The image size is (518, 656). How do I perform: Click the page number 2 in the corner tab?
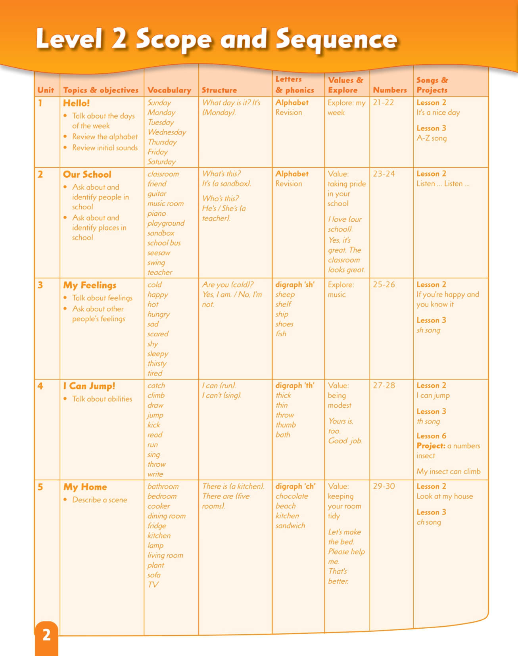click(x=46, y=635)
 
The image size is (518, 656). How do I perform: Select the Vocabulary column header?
click(x=169, y=90)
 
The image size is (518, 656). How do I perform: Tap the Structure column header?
click(x=219, y=90)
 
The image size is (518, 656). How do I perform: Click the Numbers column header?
click(x=389, y=90)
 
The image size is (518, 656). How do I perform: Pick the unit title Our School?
click(x=87, y=175)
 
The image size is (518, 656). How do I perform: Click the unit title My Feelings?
click(x=90, y=285)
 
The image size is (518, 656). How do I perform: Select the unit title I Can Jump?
click(x=89, y=386)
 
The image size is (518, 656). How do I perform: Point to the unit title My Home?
click(x=85, y=487)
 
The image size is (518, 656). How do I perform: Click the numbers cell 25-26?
click(x=384, y=284)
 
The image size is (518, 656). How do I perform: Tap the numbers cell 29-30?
click(x=384, y=486)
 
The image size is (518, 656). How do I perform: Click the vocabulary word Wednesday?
click(x=167, y=132)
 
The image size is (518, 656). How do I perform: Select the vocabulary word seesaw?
click(x=159, y=253)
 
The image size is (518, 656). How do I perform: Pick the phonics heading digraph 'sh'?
click(x=295, y=284)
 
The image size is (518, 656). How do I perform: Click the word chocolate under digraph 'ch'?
click(x=292, y=496)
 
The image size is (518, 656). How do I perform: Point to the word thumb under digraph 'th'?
click(x=286, y=425)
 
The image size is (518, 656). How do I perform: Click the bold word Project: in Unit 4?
click(x=431, y=445)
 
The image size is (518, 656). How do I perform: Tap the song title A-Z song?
click(x=432, y=138)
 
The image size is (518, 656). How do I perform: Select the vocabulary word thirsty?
click(x=157, y=363)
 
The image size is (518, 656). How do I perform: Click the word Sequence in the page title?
click(x=336, y=40)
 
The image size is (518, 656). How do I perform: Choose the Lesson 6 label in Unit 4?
click(x=431, y=435)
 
